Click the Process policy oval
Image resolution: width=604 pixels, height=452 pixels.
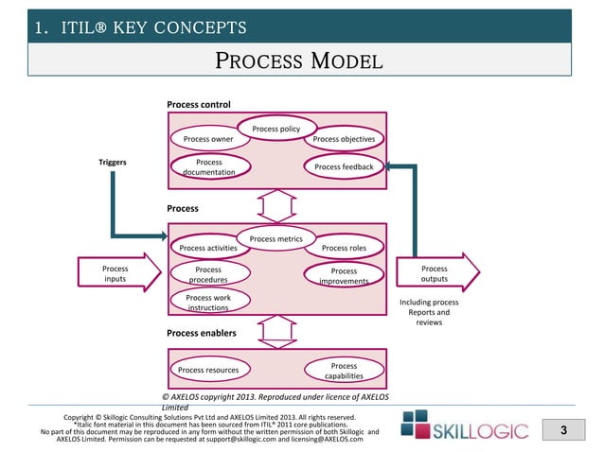(276, 129)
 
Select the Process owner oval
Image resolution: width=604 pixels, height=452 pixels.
(208, 139)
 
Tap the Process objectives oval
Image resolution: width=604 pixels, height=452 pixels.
(344, 139)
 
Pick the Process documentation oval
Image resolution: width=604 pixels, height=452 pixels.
(208, 167)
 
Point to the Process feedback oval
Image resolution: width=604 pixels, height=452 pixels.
(344, 167)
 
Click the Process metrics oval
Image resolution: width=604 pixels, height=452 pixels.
(275, 239)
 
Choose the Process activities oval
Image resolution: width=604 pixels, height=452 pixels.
(208, 249)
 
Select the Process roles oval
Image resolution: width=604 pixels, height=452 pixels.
(344, 249)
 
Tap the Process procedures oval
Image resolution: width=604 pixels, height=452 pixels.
(208, 274)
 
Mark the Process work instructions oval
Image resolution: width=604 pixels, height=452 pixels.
(208, 303)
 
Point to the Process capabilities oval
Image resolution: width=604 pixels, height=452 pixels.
(344, 370)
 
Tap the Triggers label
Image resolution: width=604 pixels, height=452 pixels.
(113, 162)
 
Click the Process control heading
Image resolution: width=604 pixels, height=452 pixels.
(199, 103)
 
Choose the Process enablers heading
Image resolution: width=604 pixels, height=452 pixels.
(202, 333)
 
